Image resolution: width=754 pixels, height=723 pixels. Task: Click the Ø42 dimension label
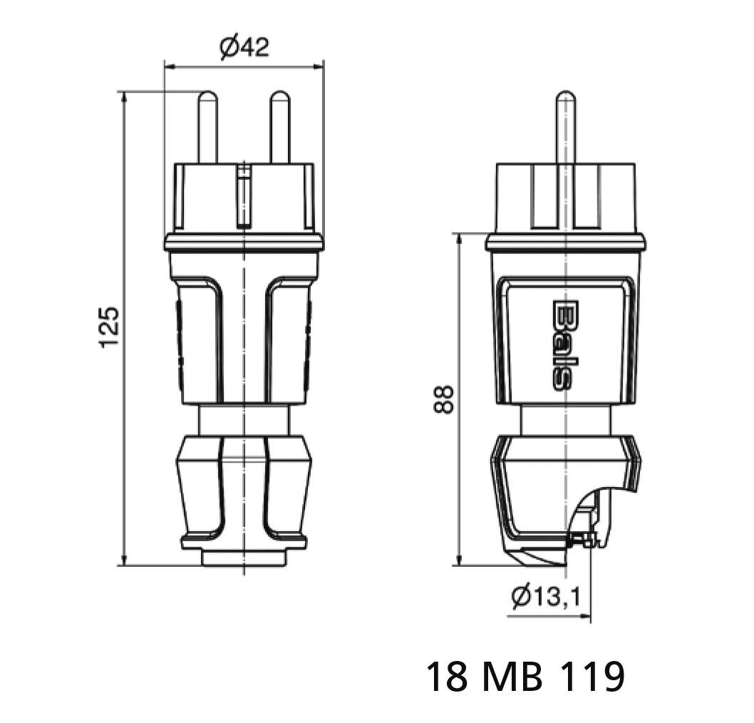(244, 48)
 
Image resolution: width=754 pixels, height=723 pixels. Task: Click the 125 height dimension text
(108, 327)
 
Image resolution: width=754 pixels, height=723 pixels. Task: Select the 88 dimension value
(443, 399)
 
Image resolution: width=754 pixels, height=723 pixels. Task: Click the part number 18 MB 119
(525, 676)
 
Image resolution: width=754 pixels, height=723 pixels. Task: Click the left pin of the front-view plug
(208, 128)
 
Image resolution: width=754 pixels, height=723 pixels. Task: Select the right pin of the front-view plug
(279, 128)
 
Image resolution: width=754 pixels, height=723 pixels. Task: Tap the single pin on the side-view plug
(565, 128)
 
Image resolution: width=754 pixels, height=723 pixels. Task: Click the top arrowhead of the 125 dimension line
(125, 97)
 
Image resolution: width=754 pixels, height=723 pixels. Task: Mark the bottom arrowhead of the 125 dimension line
(125, 560)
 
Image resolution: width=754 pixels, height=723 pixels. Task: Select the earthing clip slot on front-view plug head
(244, 196)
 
